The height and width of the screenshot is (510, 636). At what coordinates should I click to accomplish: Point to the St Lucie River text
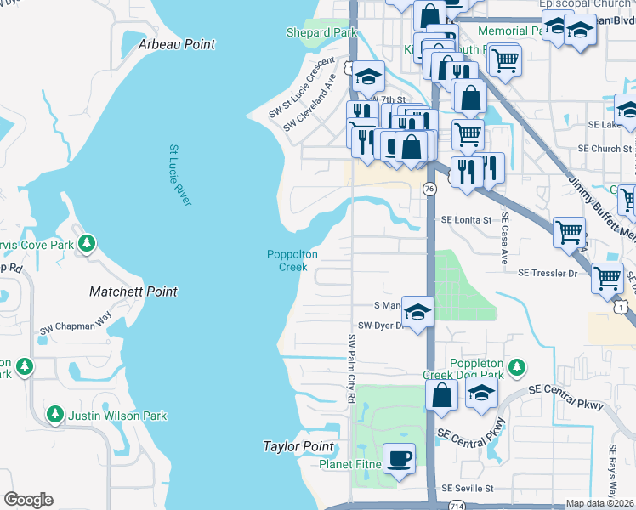[x=179, y=174]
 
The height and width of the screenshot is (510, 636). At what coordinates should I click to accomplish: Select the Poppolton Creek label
[x=292, y=260]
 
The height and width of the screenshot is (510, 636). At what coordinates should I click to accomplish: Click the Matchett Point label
[x=133, y=292]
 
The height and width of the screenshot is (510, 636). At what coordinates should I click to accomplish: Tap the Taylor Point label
[x=298, y=446]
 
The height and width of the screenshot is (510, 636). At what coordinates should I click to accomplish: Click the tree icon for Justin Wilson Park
[x=55, y=415]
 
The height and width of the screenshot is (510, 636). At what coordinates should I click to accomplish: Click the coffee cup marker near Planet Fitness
[x=400, y=459]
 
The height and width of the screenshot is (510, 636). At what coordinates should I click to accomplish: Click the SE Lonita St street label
[x=466, y=219]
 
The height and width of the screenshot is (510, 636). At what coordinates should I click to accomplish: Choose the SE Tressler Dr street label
[x=547, y=273]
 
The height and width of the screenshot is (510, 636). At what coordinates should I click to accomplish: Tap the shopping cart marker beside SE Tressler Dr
[x=607, y=277]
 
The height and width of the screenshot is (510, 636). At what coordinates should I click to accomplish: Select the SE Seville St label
[x=468, y=489]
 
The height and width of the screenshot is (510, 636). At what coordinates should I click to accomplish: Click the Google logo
[x=28, y=500]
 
